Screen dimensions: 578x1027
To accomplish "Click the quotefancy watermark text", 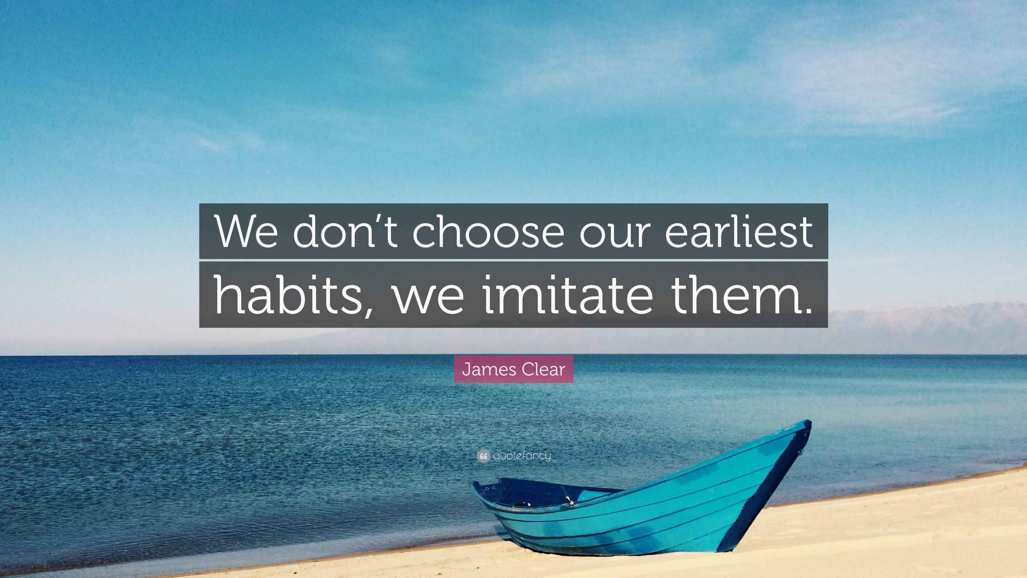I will [522, 455].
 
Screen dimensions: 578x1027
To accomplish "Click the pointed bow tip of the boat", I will [808, 424].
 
